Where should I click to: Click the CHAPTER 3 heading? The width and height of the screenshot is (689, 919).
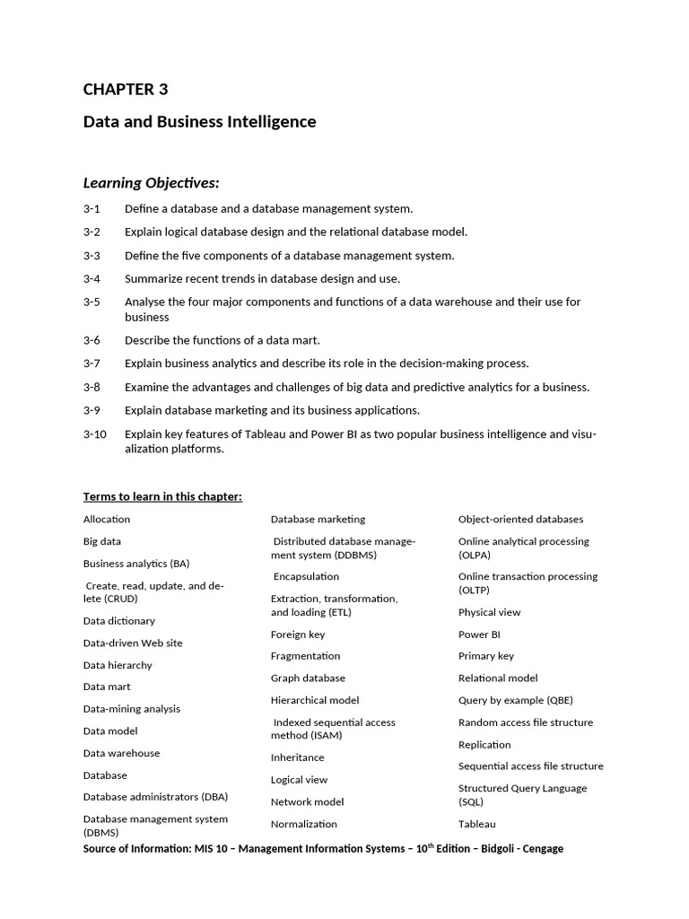click(x=126, y=89)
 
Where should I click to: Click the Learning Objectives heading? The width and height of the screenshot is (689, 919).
click(x=151, y=183)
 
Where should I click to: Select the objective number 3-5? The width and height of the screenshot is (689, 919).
click(x=92, y=302)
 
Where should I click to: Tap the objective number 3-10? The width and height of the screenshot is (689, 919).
click(x=95, y=434)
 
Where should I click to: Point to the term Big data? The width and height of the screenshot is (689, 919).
click(x=102, y=541)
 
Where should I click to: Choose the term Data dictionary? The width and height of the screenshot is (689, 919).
click(x=119, y=621)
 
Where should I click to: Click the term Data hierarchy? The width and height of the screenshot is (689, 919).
click(x=118, y=665)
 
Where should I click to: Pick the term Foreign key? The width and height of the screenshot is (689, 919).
click(x=298, y=635)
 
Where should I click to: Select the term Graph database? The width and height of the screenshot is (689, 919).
click(x=308, y=678)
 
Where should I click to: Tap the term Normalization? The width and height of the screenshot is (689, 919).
click(x=304, y=824)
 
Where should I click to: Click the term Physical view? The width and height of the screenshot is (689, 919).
click(x=489, y=612)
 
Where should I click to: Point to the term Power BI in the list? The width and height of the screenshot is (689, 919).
click(x=479, y=634)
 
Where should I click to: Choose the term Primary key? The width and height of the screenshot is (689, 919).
click(x=486, y=656)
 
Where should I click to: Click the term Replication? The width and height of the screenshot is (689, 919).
click(x=484, y=745)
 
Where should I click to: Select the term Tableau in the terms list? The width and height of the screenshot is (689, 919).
click(x=477, y=824)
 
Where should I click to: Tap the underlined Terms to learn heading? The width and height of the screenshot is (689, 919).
click(x=162, y=496)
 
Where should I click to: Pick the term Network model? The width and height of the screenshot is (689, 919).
click(x=307, y=801)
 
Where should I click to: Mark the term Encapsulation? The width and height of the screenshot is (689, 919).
click(x=307, y=576)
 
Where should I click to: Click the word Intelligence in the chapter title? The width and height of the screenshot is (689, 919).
click(x=269, y=121)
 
